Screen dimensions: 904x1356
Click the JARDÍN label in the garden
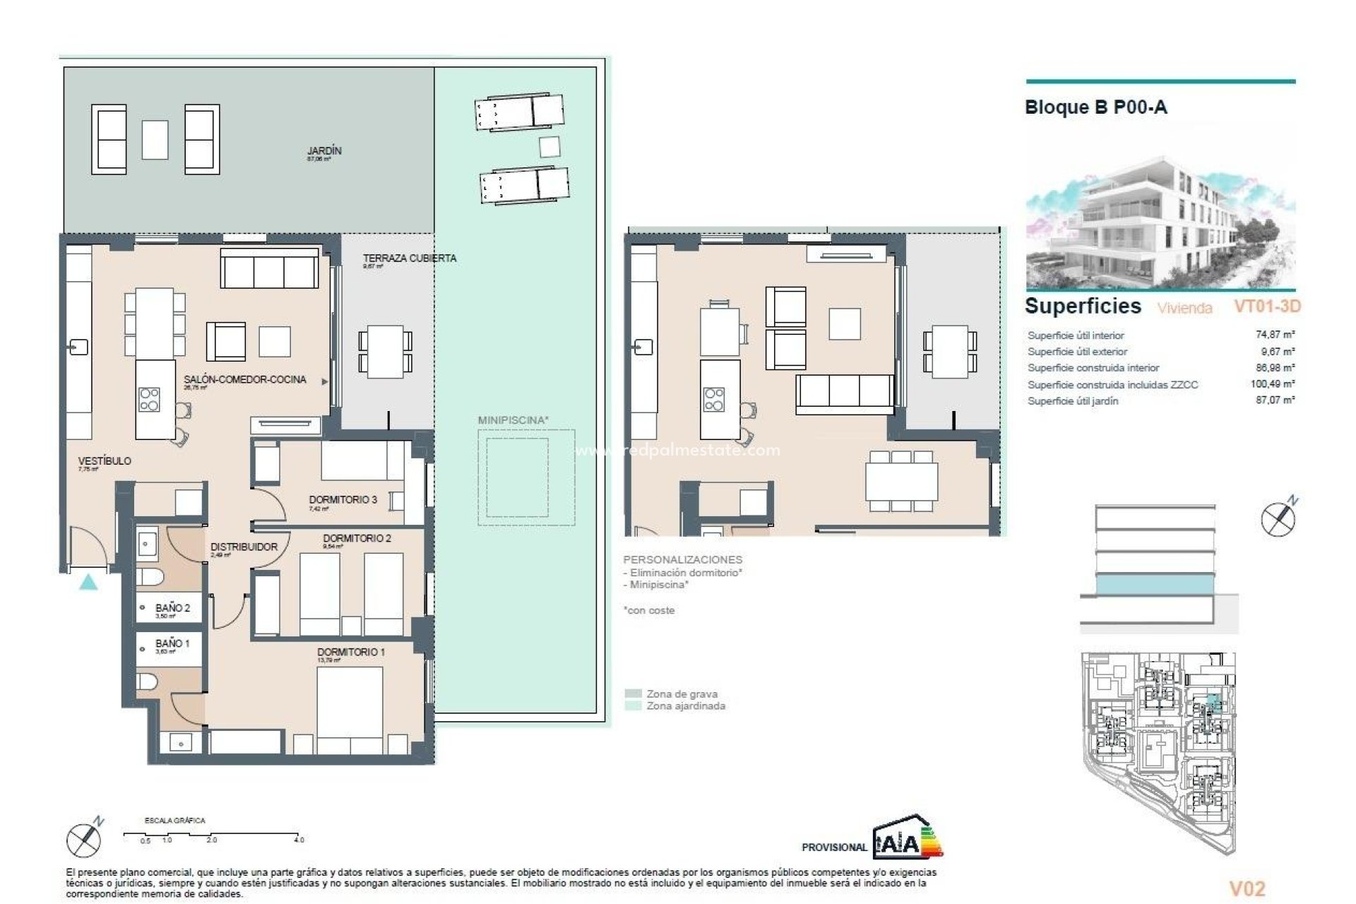[324, 150]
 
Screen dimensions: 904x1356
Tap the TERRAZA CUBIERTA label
[409, 258]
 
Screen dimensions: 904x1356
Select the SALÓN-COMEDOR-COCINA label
[245, 379]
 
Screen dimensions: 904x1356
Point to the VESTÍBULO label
[104, 460]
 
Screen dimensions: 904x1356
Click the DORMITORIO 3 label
[343, 499]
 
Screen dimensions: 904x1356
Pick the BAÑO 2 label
[172, 607]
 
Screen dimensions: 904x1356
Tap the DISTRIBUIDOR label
[244, 547]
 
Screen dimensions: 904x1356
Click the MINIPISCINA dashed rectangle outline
[525, 477]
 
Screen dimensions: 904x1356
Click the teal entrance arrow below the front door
[88, 582]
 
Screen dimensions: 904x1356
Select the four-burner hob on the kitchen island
[149, 399]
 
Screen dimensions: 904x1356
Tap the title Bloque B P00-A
[1095, 107]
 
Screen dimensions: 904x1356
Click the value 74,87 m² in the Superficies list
[1275, 335]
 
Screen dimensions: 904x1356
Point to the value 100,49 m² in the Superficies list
[1273, 384]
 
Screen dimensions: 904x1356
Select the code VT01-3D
[1266, 307]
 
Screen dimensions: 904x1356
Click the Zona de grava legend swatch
[634, 694]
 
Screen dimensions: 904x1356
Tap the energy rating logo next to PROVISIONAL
[908, 837]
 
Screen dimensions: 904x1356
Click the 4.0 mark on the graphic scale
[299, 840]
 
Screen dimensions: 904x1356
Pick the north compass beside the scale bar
[84, 840]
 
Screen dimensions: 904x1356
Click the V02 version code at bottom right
[1247, 888]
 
